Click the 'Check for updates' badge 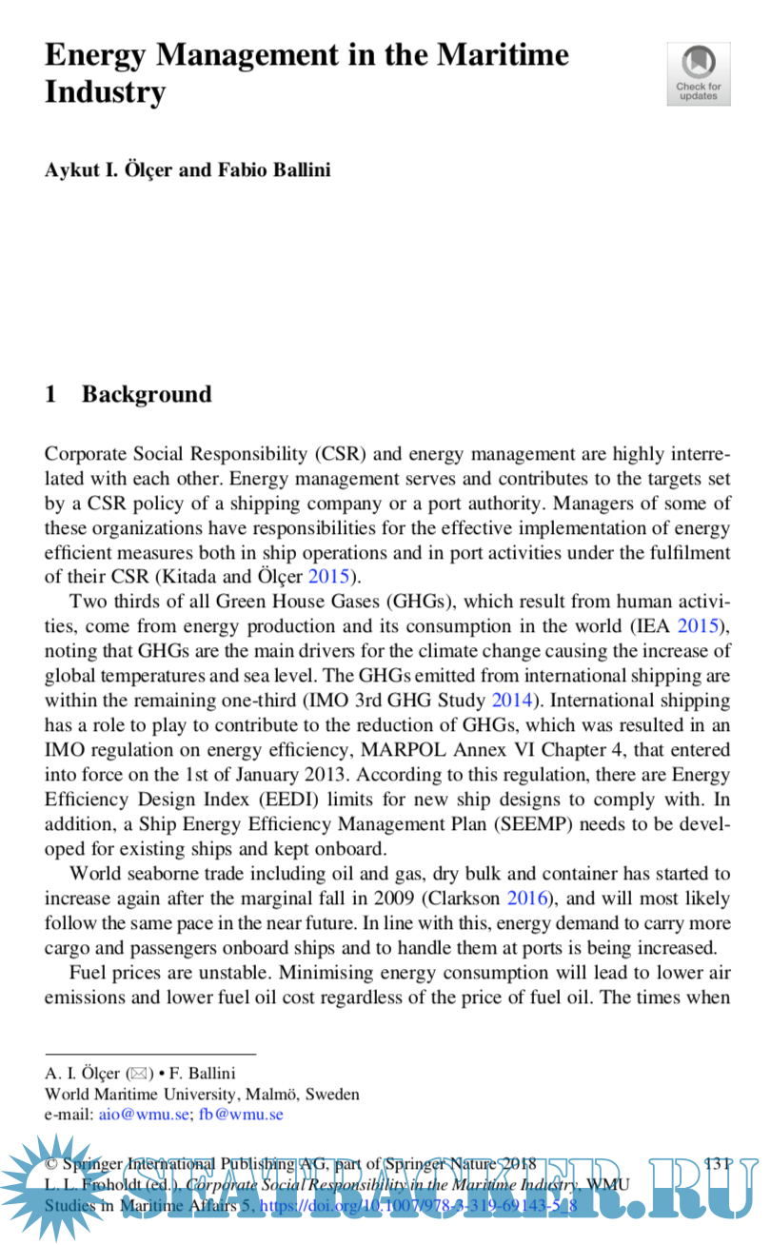698,73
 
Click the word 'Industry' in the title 105,92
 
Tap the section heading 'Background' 147,394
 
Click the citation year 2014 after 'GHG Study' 512,701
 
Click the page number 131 715,1164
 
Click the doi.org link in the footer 419,1206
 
